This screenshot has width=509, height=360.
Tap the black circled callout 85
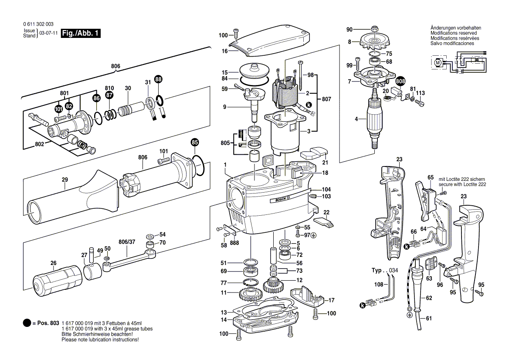coord(195,142)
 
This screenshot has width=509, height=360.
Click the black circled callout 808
coord(400,82)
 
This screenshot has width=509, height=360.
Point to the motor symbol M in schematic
coord(438,63)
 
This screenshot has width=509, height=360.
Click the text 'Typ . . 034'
coord(384,271)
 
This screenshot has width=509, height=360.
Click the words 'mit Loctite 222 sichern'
coord(462,180)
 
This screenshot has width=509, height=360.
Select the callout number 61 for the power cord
coord(429,319)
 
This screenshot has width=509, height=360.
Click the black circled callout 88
coord(158,79)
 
